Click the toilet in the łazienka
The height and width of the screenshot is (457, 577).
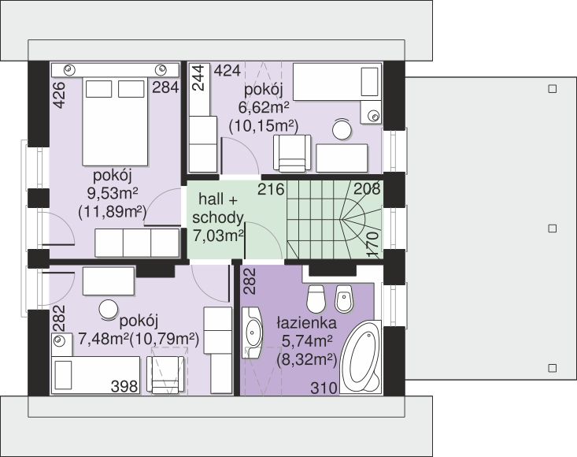316,298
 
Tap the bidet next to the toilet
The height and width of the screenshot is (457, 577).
344,298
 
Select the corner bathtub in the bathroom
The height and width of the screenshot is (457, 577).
361,357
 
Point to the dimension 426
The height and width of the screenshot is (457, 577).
59,95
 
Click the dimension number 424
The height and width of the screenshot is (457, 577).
227,70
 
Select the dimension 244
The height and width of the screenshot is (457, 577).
198,78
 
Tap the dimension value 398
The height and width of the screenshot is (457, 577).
124,387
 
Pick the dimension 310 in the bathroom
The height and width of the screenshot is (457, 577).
324,388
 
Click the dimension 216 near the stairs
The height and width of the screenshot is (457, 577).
272,189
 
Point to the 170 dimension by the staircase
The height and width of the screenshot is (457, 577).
373,244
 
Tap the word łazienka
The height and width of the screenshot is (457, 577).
306,323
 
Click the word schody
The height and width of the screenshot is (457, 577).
218,218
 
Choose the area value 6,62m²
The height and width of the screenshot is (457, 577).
264,108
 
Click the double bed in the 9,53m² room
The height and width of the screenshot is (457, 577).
115,121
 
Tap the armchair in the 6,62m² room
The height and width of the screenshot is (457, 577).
292,153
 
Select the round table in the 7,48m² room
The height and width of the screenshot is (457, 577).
109,310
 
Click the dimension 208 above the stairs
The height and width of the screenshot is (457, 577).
367,188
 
